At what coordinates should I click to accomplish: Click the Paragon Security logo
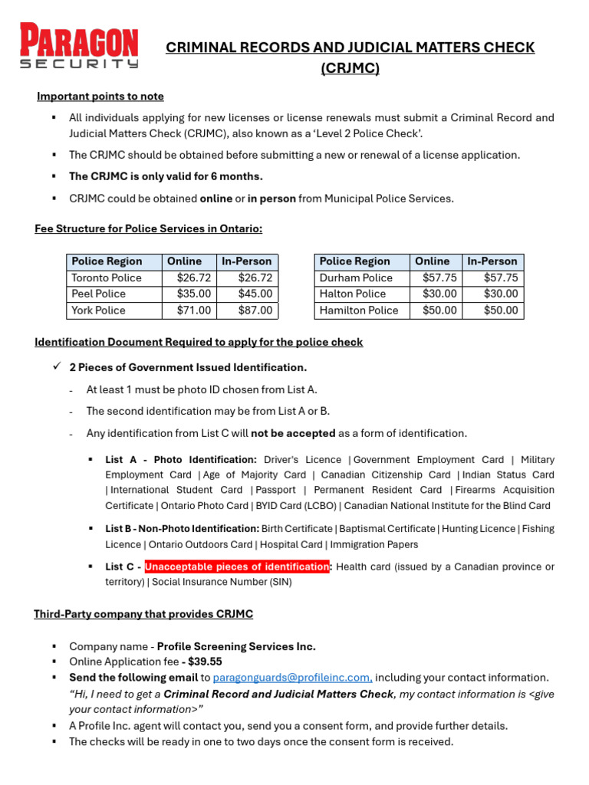coord(79,47)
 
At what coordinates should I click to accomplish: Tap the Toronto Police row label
coord(107,278)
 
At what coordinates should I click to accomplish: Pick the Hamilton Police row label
coord(359,310)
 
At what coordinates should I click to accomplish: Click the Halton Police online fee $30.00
coord(439,294)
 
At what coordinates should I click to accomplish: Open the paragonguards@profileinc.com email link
coord(292,678)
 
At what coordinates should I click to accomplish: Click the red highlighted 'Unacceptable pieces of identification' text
coord(237,567)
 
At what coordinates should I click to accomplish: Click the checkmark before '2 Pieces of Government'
coord(56,367)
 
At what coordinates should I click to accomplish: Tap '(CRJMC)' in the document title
coord(350,69)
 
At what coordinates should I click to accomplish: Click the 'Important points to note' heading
coord(100,97)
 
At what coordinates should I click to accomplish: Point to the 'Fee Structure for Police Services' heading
coord(148,228)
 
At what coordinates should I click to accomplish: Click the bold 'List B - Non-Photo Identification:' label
coord(183,529)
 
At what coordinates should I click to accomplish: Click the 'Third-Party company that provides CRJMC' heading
coord(143,614)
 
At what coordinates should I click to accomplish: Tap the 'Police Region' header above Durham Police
coord(354,261)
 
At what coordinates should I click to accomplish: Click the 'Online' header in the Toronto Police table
coord(185,261)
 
